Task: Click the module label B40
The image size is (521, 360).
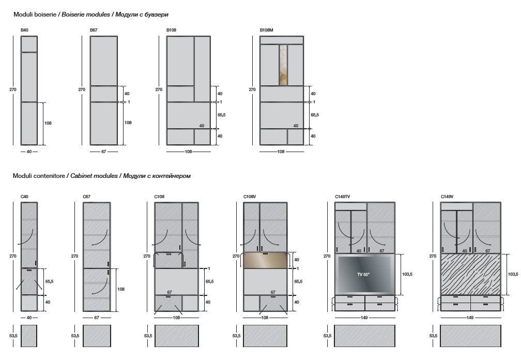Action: tap(24, 31)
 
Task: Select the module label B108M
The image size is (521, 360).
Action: tap(266, 31)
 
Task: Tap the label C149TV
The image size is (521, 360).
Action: tap(342, 197)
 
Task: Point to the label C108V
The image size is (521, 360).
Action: tap(250, 197)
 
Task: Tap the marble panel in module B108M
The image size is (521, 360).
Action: tap(283, 65)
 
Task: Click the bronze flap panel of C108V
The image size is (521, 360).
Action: tap(265, 261)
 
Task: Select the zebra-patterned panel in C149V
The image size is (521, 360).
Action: tap(470, 274)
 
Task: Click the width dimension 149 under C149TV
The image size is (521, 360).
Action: tap(364, 318)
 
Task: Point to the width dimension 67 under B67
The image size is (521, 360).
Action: tap(103, 152)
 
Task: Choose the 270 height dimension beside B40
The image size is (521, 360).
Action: tap(13, 89)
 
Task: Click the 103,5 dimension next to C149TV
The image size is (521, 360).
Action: tap(407, 274)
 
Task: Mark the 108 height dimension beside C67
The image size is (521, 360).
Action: tap(121, 289)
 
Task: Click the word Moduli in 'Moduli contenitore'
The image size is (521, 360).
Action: tap(22, 176)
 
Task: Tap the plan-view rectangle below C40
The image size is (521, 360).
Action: tap(29, 336)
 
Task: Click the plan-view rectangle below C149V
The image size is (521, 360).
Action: tap(470, 336)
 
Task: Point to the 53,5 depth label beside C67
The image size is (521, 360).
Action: tap(75, 336)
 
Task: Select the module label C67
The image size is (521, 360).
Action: tap(86, 197)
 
